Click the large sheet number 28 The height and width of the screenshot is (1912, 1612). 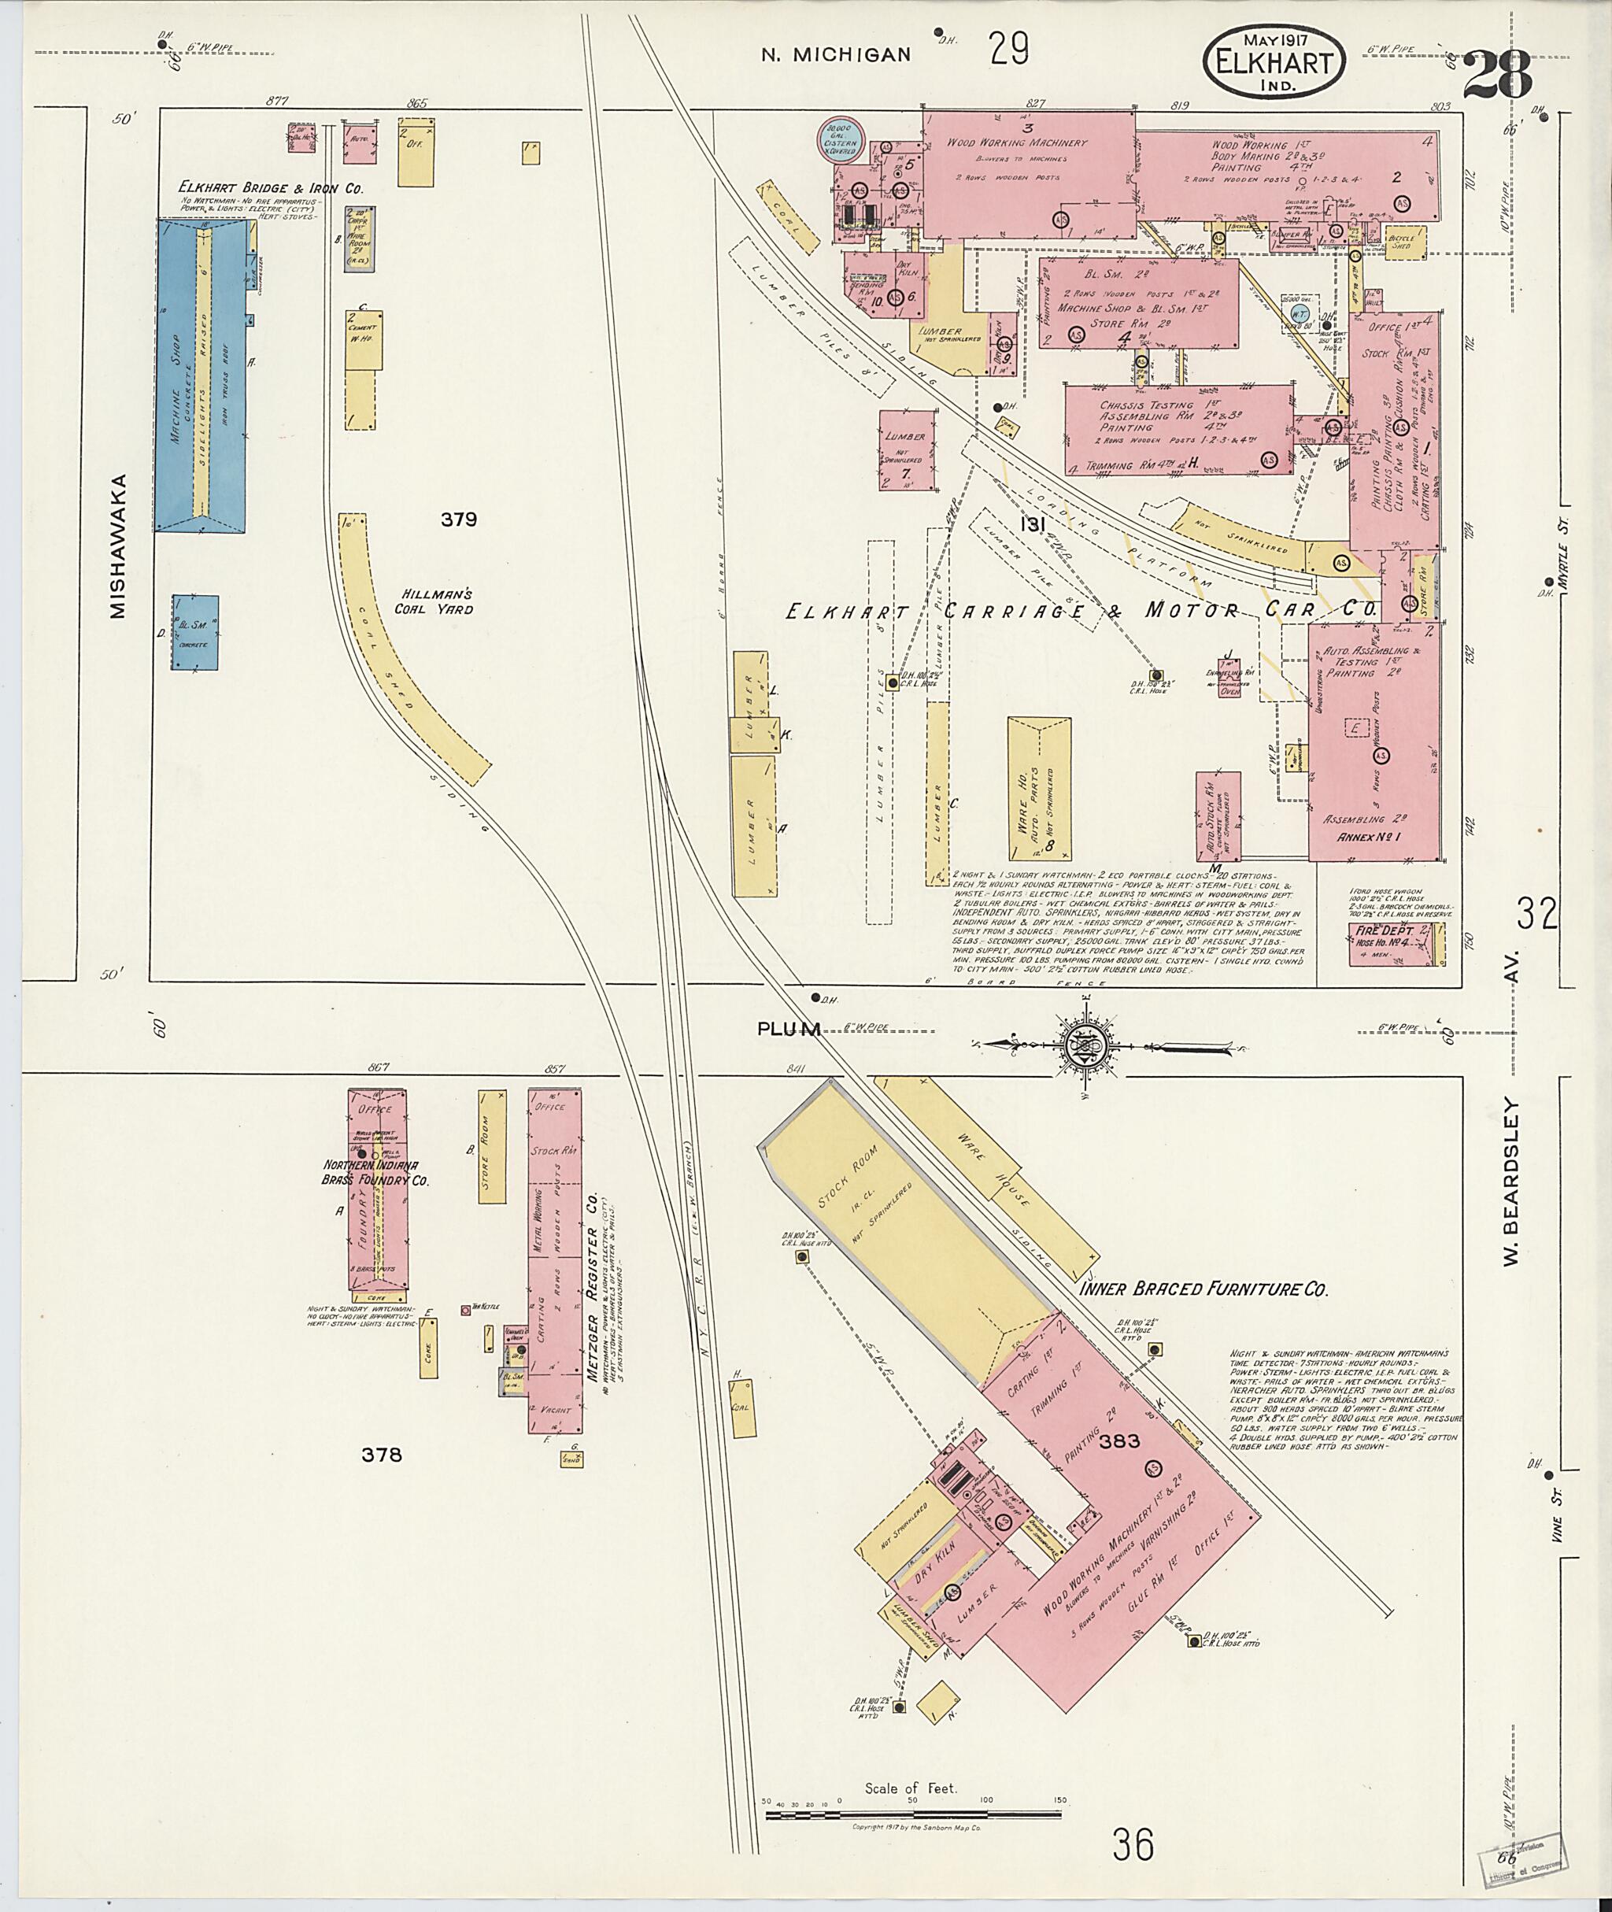click(x=1496, y=74)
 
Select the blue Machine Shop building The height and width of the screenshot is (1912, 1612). click(x=201, y=375)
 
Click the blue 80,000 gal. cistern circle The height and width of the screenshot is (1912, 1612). click(x=840, y=141)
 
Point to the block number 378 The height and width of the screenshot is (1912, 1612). click(x=381, y=1454)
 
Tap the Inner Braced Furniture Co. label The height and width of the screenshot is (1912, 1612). click(x=1203, y=1289)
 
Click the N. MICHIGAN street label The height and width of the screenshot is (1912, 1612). click(x=836, y=55)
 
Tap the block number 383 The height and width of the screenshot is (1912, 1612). click(x=1119, y=1441)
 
